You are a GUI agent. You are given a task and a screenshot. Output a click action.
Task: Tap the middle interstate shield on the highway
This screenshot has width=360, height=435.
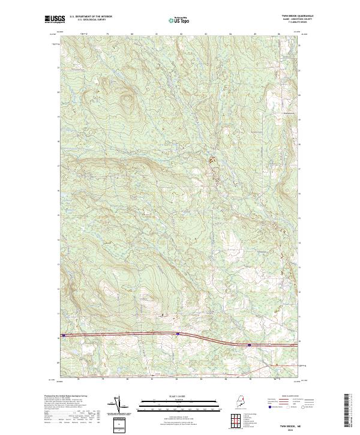pos(178,334)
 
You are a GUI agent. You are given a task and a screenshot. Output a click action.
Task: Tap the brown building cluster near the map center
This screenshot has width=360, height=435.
pos(211,160)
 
